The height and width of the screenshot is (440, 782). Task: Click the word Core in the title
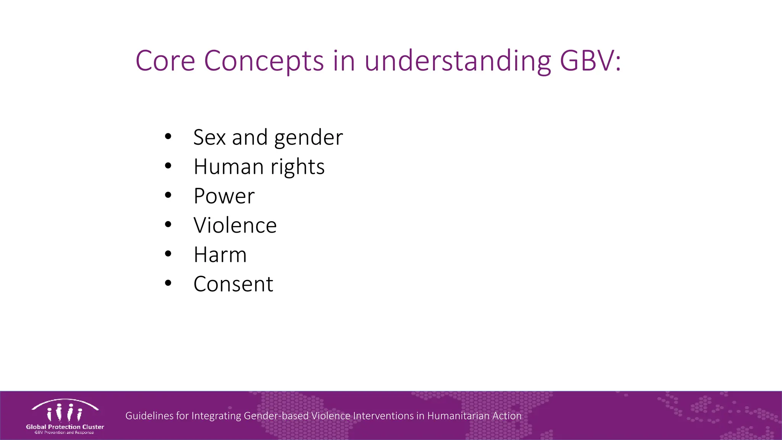click(165, 61)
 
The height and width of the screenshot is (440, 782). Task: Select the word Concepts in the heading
click(264, 61)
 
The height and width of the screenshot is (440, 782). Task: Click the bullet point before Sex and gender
click(168, 136)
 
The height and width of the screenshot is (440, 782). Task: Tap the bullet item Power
click(224, 196)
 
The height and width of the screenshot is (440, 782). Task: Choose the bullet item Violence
click(235, 225)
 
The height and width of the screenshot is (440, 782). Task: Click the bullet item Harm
click(220, 255)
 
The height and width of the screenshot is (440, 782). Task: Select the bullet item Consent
click(233, 284)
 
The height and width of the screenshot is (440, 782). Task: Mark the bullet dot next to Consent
click(168, 283)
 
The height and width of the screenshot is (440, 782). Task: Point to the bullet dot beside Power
click(168, 195)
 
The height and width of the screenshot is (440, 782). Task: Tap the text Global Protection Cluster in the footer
click(65, 427)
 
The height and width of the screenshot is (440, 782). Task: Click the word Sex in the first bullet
click(209, 137)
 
